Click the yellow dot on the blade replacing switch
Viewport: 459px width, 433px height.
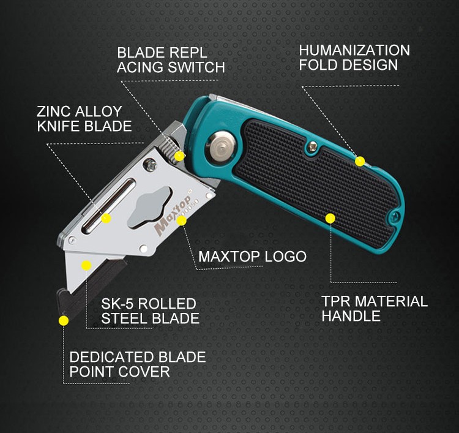pyautogui.click(x=179, y=156)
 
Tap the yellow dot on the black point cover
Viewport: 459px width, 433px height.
pyautogui.click(x=63, y=320)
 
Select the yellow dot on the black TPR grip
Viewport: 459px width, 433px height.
pyautogui.click(x=330, y=217)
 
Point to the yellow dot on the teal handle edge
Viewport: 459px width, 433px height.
pyautogui.click(x=360, y=161)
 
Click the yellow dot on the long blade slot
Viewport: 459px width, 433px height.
pyautogui.click(x=106, y=217)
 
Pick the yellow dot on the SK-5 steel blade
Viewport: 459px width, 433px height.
pyautogui.click(x=86, y=265)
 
